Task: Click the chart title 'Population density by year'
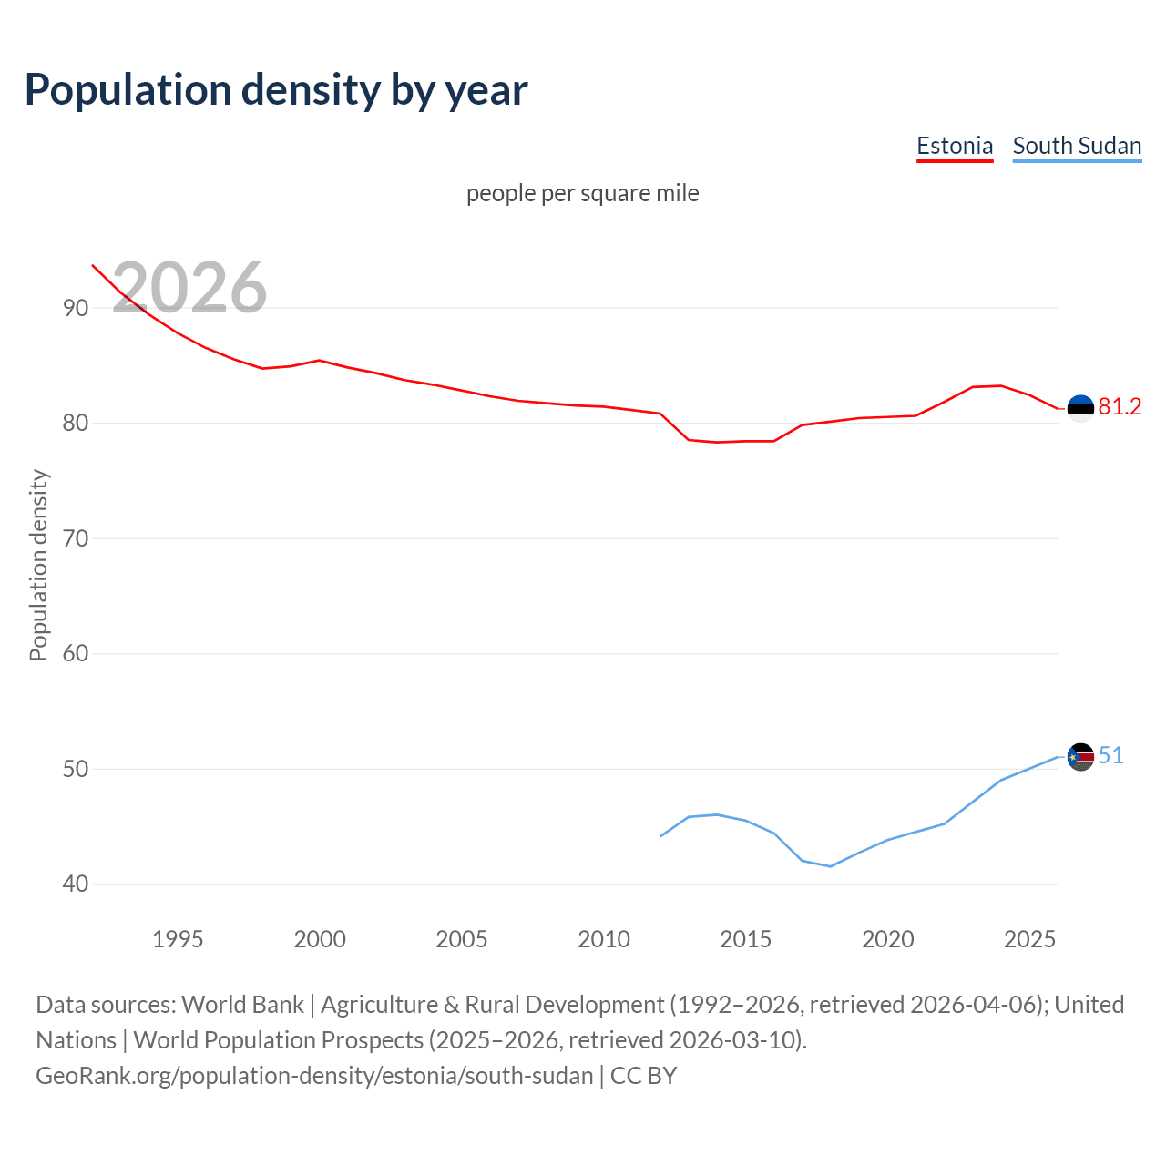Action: tap(276, 90)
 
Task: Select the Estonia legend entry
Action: tap(954, 146)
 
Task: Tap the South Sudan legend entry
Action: tap(1077, 146)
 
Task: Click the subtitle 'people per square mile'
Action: tap(582, 193)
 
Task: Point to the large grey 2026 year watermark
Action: tap(189, 288)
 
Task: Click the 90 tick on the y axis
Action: tap(76, 308)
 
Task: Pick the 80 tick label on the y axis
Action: tap(76, 424)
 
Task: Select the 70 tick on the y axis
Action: tap(76, 538)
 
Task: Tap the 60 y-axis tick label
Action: tap(76, 653)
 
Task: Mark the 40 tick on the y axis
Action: tap(76, 884)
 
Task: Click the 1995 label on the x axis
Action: tap(178, 939)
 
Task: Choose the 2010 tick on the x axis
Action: tap(604, 939)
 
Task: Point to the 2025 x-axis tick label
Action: tap(1029, 939)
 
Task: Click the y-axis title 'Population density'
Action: tap(38, 565)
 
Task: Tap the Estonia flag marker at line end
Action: tap(1080, 408)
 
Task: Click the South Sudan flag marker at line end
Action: tap(1080, 757)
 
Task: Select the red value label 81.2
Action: tap(1120, 407)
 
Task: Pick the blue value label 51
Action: tap(1110, 756)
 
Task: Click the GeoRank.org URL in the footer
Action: tap(314, 1076)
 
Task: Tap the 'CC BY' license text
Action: tap(643, 1076)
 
